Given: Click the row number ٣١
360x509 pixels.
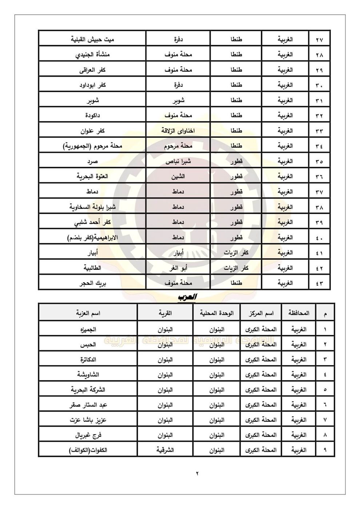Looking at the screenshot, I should point(319,100).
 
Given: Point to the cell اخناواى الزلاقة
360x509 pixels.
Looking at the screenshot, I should point(178,131).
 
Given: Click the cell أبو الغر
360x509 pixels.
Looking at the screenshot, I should point(178,268).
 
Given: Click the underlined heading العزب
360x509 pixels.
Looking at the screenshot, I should point(187,297).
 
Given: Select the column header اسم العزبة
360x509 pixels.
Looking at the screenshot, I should point(88,313).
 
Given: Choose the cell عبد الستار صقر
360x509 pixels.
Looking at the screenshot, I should point(88,404).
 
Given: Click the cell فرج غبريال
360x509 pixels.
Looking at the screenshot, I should point(88,435).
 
